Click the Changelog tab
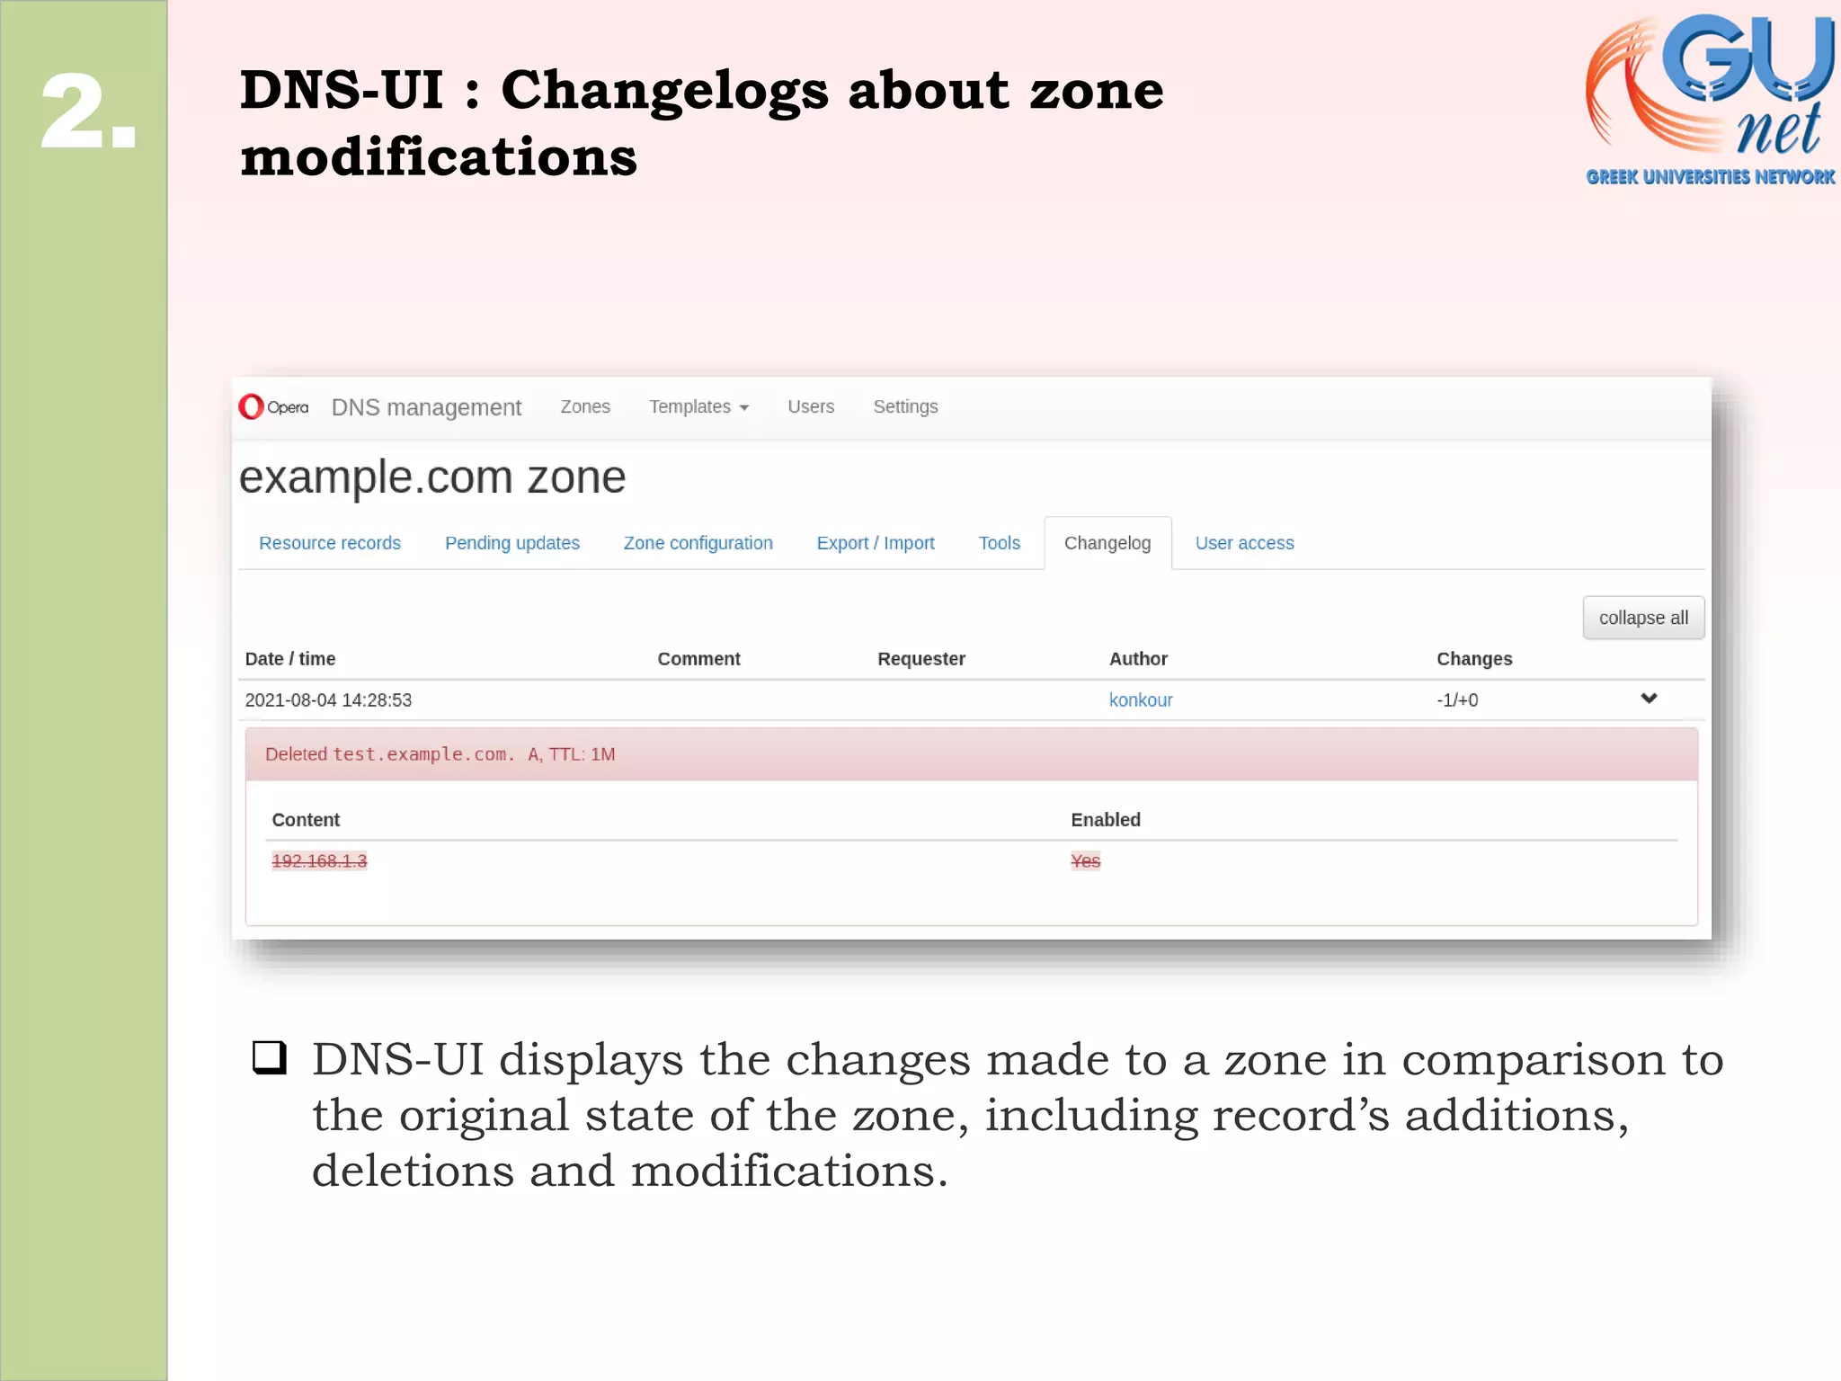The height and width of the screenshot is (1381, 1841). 1107,543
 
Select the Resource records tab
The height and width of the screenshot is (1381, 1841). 330,543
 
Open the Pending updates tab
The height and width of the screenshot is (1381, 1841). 511,543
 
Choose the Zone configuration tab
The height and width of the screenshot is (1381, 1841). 698,543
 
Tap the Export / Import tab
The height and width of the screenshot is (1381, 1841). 875,543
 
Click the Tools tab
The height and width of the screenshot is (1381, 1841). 999,543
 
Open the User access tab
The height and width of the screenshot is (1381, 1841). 1244,543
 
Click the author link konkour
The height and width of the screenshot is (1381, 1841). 1140,700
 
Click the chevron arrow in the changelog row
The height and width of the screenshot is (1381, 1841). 1649,699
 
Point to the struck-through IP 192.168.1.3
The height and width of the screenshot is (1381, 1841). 319,861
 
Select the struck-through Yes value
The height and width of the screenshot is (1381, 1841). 1085,861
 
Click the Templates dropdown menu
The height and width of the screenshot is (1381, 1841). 698,407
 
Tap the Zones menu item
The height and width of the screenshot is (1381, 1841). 585,407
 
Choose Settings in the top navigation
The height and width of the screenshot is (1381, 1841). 905,407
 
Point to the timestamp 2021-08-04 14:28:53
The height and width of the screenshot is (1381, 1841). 328,700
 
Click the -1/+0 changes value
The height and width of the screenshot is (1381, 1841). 1456,700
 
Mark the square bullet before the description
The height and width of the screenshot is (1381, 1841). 270,1058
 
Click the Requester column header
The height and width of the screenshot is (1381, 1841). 920,659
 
